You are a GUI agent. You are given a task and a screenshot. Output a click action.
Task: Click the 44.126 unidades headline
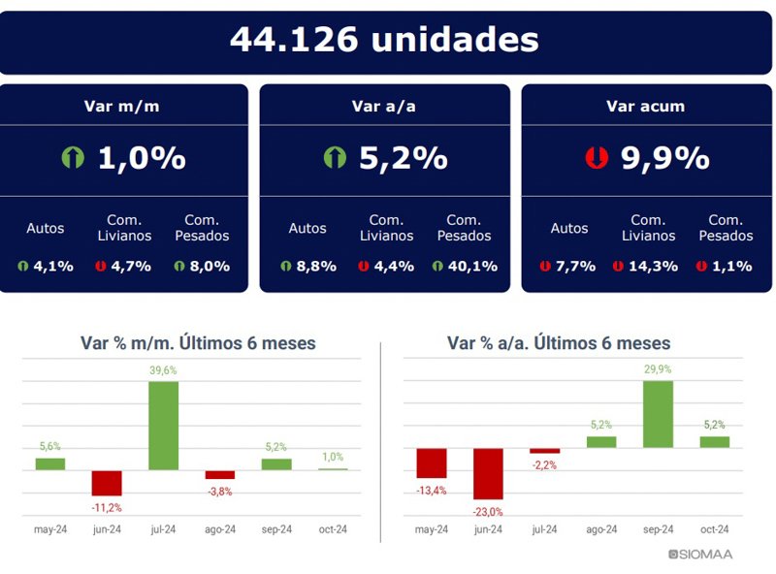click(384, 40)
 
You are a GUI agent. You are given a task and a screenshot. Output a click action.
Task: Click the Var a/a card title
click(383, 107)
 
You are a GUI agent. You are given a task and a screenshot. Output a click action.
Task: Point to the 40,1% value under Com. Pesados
click(472, 266)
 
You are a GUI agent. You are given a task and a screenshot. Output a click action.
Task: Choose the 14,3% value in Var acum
click(654, 266)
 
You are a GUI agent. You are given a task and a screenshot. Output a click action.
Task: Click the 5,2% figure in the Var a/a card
click(403, 158)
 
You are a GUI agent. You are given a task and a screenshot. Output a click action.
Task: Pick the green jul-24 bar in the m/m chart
click(163, 426)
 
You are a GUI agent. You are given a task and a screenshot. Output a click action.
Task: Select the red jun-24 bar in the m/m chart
click(107, 483)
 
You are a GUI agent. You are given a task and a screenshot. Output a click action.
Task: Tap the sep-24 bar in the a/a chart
click(658, 414)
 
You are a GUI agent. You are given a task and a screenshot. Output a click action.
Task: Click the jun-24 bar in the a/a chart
click(488, 473)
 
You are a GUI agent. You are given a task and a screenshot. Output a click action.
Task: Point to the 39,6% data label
click(163, 370)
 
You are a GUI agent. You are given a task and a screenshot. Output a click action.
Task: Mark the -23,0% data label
click(488, 512)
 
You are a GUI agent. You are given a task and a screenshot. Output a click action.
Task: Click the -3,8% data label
click(219, 492)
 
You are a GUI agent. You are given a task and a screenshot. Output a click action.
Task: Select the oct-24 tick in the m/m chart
click(333, 529)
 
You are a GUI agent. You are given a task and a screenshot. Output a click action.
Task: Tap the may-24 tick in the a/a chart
click(431, 529)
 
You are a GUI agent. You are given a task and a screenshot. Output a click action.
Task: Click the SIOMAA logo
click(701, 555)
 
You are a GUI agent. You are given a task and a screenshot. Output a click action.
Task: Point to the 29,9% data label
click(658, 369)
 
